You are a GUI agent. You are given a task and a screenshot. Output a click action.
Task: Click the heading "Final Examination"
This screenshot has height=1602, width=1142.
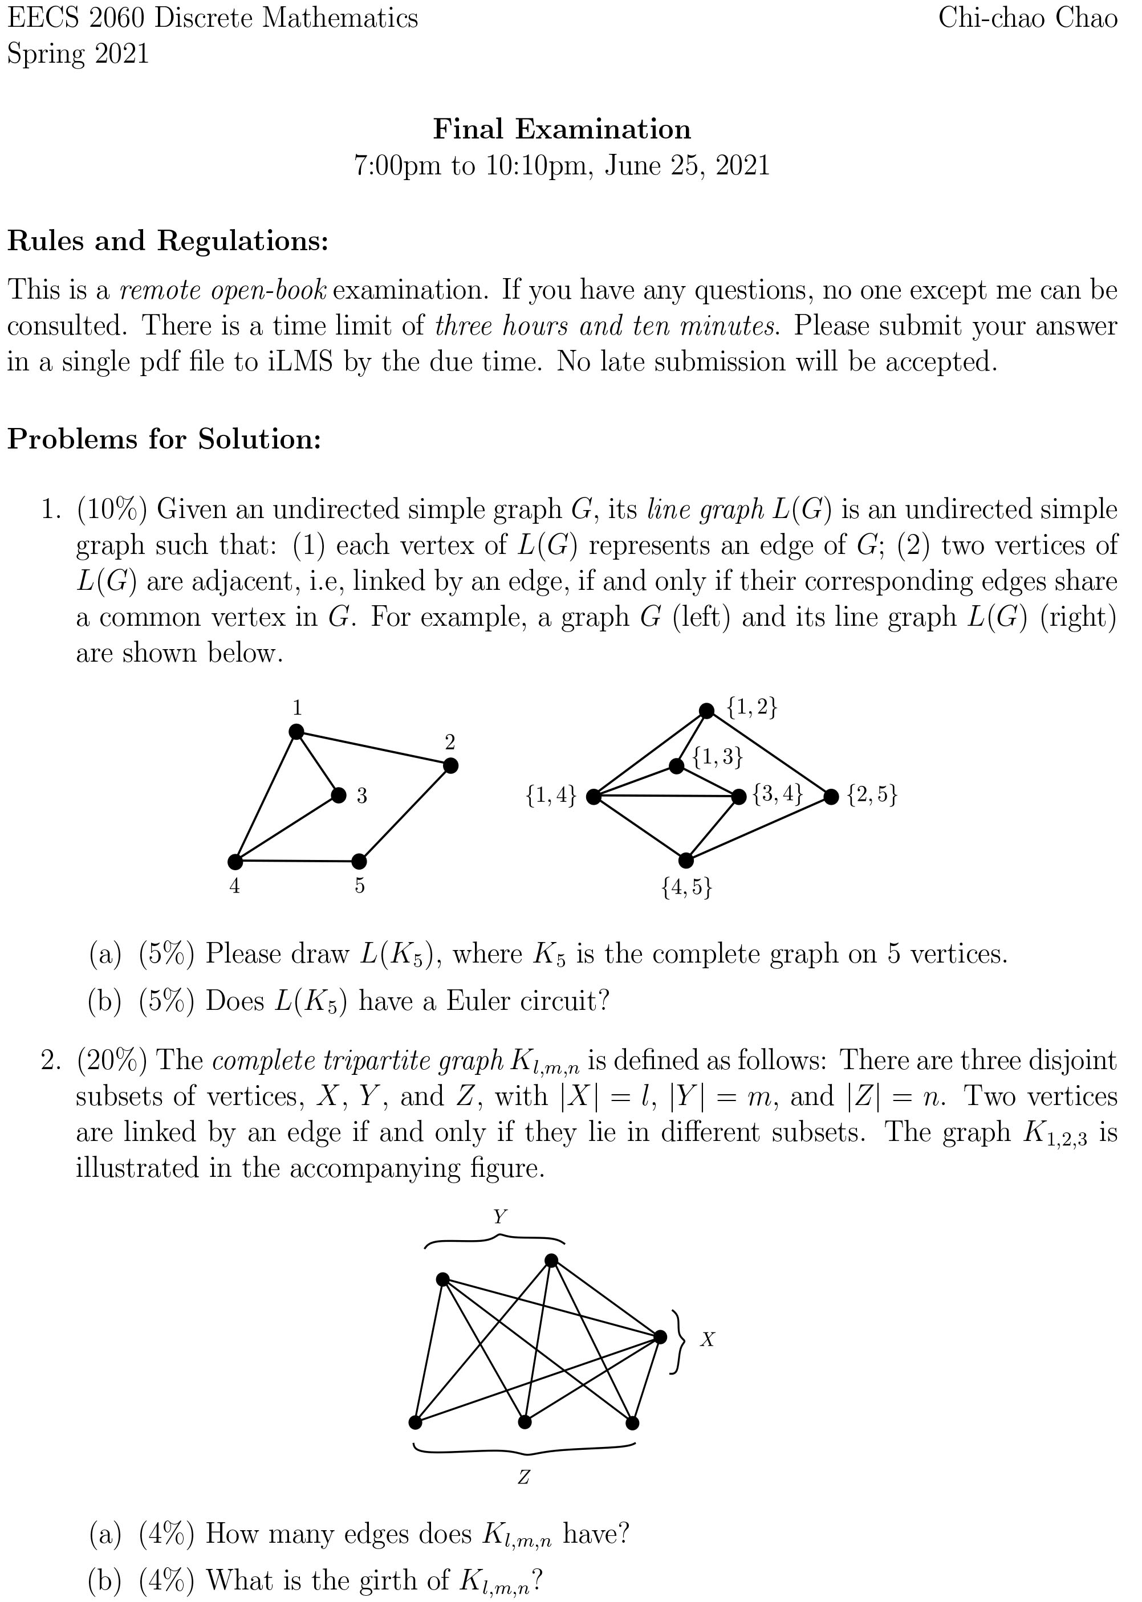coord(562,129)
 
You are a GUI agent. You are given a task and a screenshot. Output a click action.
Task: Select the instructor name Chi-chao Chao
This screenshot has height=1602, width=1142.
coord(1027,18)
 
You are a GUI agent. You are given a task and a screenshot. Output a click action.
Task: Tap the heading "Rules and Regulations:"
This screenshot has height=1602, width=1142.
coord(168,241)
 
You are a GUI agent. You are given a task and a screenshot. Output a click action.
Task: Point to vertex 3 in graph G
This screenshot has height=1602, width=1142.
coord(339,795)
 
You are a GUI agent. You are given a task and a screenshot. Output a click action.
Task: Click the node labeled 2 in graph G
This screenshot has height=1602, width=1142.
coord(451,765)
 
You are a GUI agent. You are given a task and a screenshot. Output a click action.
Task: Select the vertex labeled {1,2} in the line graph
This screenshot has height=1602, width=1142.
coord(707,711)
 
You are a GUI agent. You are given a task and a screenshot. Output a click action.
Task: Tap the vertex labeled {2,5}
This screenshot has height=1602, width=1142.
coord(831,796)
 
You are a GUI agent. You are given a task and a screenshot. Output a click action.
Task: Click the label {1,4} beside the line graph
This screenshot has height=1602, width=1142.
coord(551,796)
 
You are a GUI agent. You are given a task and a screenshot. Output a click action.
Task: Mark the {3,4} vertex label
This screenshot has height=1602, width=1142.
coord(777,794)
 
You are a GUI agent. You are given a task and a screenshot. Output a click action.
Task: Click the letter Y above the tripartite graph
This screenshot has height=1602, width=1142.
coord(500,1217)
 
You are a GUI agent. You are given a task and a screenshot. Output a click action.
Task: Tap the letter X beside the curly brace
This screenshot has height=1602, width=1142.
coord(708,1340)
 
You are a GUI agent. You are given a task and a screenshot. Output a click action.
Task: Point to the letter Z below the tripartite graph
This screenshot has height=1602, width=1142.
coord(523,1478)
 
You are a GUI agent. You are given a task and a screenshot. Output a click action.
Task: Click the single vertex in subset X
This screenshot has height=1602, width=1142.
coord(660,1337)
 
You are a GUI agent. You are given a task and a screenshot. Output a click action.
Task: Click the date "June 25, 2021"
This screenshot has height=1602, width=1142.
coord(687,166)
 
